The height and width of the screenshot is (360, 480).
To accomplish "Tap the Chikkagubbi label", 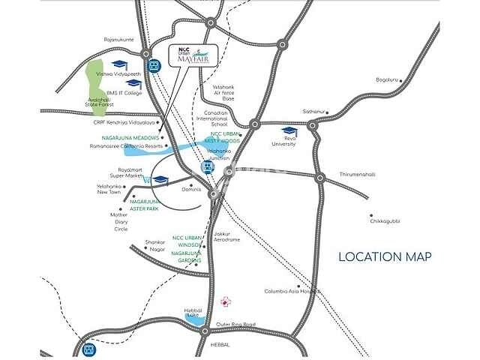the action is pyautogui.click(x=383, y=221).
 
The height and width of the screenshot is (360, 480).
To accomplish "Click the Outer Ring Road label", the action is pyautogui.click(x=235, y=324).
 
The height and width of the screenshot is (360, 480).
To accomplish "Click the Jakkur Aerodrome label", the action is pyautogui.click(x=226, y=236).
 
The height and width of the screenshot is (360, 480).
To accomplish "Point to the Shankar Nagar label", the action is pyautogui.click(x=154, y=247).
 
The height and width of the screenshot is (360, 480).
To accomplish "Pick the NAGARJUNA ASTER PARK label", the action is pyautogui.click(x=145, y=205).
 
